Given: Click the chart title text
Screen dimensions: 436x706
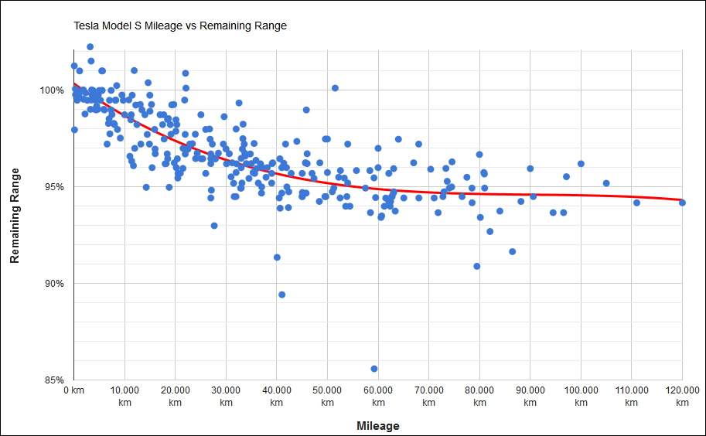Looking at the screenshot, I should [x=180, y=26].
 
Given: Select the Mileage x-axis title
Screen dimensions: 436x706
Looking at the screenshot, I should [x=378, y=426].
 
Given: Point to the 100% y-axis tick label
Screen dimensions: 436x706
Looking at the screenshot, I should [x=52, y=90].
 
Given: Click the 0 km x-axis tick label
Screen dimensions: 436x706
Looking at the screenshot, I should [x=73, y=391].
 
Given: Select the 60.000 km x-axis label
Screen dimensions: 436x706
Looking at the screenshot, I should [x=378, y=397].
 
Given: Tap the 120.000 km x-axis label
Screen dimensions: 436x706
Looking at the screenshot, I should [x=682, y=397].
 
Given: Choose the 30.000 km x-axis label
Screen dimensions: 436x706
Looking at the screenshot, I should [x=226, y=397].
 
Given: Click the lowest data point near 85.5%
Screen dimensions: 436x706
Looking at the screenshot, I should [x=374, y=369].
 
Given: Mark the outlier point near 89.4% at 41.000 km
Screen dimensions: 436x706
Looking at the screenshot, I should [x=281, y=295].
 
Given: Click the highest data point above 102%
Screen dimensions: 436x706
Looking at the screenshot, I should [x=90, y=47].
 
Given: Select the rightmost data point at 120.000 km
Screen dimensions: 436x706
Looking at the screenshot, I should [x=682, y=203].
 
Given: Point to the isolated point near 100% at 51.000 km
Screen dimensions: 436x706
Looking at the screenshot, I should [x=335, y=88].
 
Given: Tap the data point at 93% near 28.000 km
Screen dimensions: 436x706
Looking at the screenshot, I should [x=214, y=226].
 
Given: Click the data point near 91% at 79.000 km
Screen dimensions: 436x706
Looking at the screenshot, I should [x=477, y=266].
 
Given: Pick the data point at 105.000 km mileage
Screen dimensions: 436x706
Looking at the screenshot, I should [x=606, y=183].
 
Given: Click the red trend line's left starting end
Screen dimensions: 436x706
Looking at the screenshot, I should [x=74, y=83].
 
